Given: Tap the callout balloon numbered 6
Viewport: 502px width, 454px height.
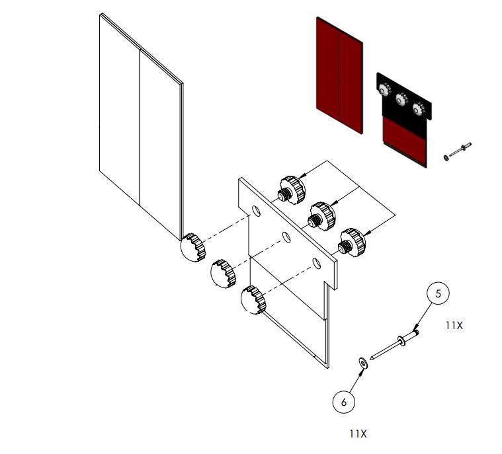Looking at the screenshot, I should coord(343,401).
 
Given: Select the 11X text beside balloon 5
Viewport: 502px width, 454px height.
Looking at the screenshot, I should coord(454,326).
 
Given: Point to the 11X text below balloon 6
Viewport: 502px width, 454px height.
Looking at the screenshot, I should coord(357,434).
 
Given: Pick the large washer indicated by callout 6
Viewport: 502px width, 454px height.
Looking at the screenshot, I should coord(363,361).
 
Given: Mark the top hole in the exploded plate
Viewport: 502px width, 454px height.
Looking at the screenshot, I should coord(255,211).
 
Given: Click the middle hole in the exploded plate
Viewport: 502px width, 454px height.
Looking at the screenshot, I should coord(286,237).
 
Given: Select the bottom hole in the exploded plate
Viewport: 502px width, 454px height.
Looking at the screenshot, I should coord(317,264).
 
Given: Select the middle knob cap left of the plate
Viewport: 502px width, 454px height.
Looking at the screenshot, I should coord(223,273).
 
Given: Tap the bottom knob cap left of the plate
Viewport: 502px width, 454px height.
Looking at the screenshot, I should coord(253,299).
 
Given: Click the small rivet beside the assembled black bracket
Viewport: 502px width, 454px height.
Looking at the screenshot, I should coord(458,151).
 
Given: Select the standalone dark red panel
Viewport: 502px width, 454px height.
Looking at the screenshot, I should coord(339,75).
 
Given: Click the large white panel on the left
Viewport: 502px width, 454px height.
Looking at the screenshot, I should coord(139,126).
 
